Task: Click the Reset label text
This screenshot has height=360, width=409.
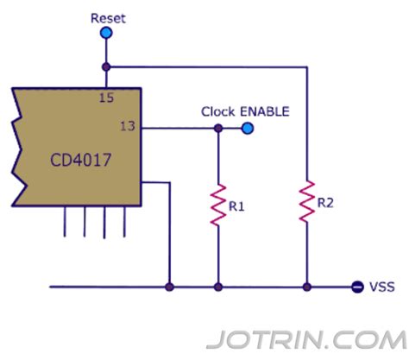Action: pos(107,17)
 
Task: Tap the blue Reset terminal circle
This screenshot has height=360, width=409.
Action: pos(106,34)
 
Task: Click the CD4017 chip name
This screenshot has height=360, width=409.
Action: pos(66,161)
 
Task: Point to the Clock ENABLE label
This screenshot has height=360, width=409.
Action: pos(245,111)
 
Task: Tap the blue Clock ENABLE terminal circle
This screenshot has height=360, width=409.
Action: pos(249,129)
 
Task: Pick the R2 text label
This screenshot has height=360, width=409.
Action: pos(325,204)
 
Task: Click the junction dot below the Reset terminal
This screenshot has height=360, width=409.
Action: pos(106,66)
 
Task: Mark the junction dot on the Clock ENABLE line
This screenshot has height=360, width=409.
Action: pos(218,129)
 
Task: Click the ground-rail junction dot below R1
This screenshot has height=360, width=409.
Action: pos(218,286)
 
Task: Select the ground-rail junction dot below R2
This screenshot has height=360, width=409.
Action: pos(306,286)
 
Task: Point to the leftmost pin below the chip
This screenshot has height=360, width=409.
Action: pos(66,222)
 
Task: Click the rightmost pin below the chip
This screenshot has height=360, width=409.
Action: pos(126,222)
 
